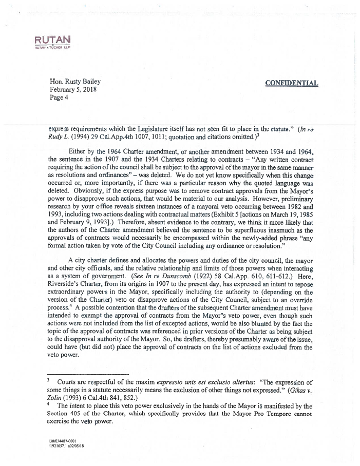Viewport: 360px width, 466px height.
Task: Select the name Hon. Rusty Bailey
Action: [75, 81]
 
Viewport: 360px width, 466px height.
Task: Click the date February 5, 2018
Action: [72, 89]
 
